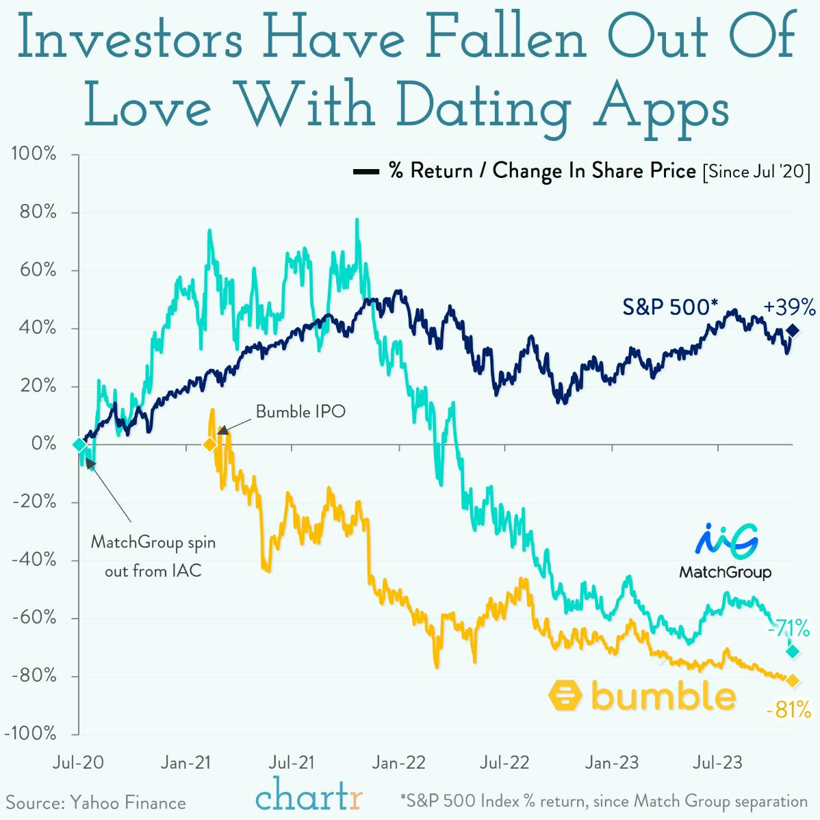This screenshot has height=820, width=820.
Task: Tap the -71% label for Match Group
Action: click(790, 627)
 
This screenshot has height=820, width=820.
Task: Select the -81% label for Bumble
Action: click(789, 710)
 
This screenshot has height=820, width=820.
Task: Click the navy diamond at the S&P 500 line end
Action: click(793, 331)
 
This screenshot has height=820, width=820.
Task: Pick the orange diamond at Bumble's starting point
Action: click(209, 445)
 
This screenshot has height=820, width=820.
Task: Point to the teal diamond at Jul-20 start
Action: click(79, 445)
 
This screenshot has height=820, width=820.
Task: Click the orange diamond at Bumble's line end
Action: click(793, 680)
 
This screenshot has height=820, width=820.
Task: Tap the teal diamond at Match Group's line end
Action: click(793, 651)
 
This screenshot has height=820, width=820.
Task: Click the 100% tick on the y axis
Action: click(34, 154)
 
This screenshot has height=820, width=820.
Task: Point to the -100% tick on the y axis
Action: click(30, 734)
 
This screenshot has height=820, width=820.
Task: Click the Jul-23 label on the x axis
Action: click(717, 763)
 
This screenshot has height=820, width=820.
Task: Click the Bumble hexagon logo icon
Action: click(565, 697)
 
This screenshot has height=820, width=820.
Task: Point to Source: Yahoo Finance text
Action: click(96, 802)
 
